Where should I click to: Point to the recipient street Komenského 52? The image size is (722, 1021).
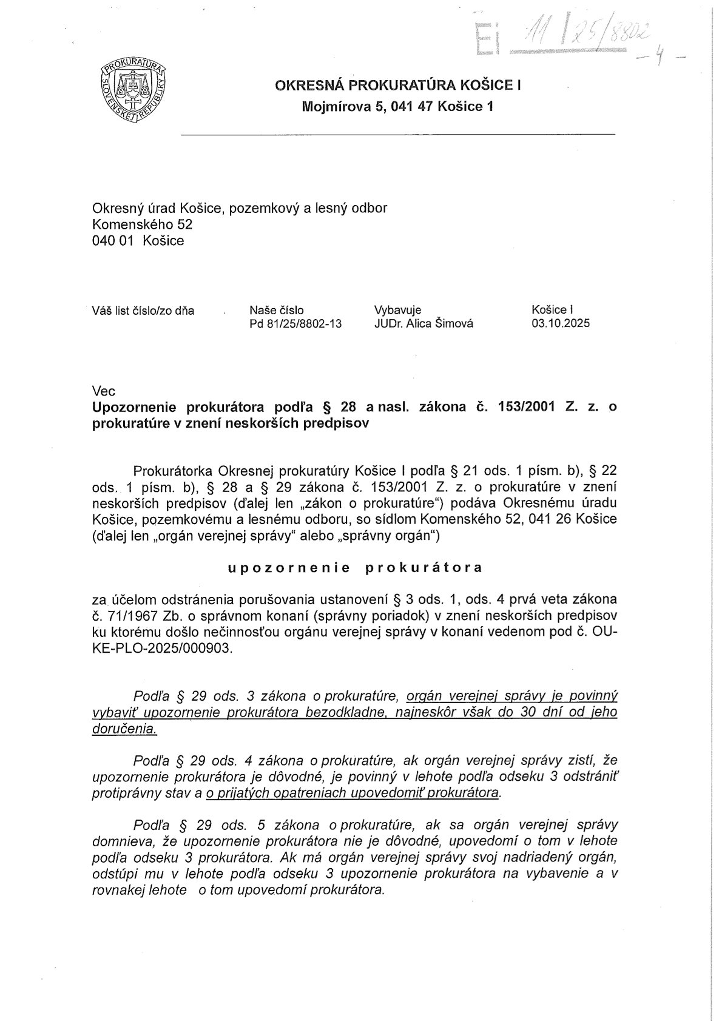click(142, 224)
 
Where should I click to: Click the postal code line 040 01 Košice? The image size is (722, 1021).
click(138, 240)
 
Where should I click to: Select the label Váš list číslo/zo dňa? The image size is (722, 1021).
click(143, 311)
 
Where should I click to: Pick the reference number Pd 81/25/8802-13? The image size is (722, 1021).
click(295, 324)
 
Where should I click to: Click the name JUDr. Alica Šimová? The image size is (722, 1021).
click(423, 324)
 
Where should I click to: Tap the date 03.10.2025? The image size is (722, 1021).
click(560, 324)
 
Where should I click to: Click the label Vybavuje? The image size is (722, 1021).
click(397, 311)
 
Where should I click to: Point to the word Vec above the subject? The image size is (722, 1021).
click(103, 391)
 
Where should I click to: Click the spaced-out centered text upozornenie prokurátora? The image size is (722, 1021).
click(355, 568)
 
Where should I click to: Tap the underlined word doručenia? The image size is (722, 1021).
click(124, 729)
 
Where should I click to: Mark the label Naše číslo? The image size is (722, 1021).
click(276, 311)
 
